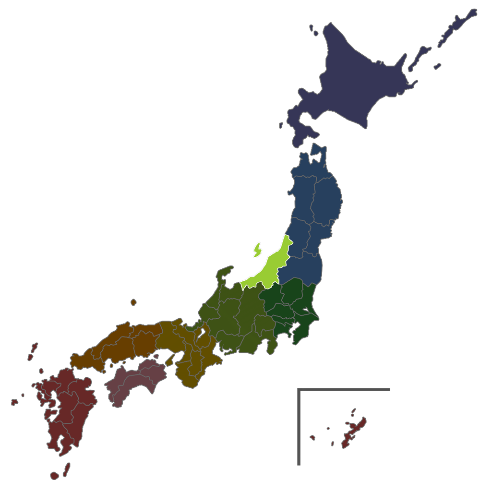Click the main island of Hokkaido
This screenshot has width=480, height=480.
click(355, 82)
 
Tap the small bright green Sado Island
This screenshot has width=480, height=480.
click(258, 250)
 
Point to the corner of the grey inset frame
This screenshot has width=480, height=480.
click(299, 389)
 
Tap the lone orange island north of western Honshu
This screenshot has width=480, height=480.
click(133, 302)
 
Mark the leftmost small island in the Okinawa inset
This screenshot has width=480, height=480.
click(312, 437)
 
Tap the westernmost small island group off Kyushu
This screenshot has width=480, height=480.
click(14, 401)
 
